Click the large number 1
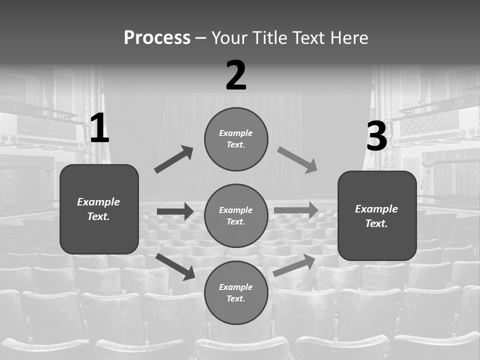coord(99,128)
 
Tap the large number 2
coord(236,75)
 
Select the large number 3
coord(376,136)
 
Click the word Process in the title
coord(157,38)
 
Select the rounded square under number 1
coord(99,209)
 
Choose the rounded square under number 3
coord(377,215)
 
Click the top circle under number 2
coord(236,139)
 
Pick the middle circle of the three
coord(236,215)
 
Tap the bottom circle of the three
coord(236,292)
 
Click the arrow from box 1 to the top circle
coord(174,159)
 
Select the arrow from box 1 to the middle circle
coord(175,211)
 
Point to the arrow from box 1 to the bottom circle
coord(175,266)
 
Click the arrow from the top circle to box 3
coord(297,160)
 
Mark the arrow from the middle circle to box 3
coord(296,210)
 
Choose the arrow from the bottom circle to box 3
coord(294,265)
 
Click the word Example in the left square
coord(98,202)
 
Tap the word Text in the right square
coord(376,223)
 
